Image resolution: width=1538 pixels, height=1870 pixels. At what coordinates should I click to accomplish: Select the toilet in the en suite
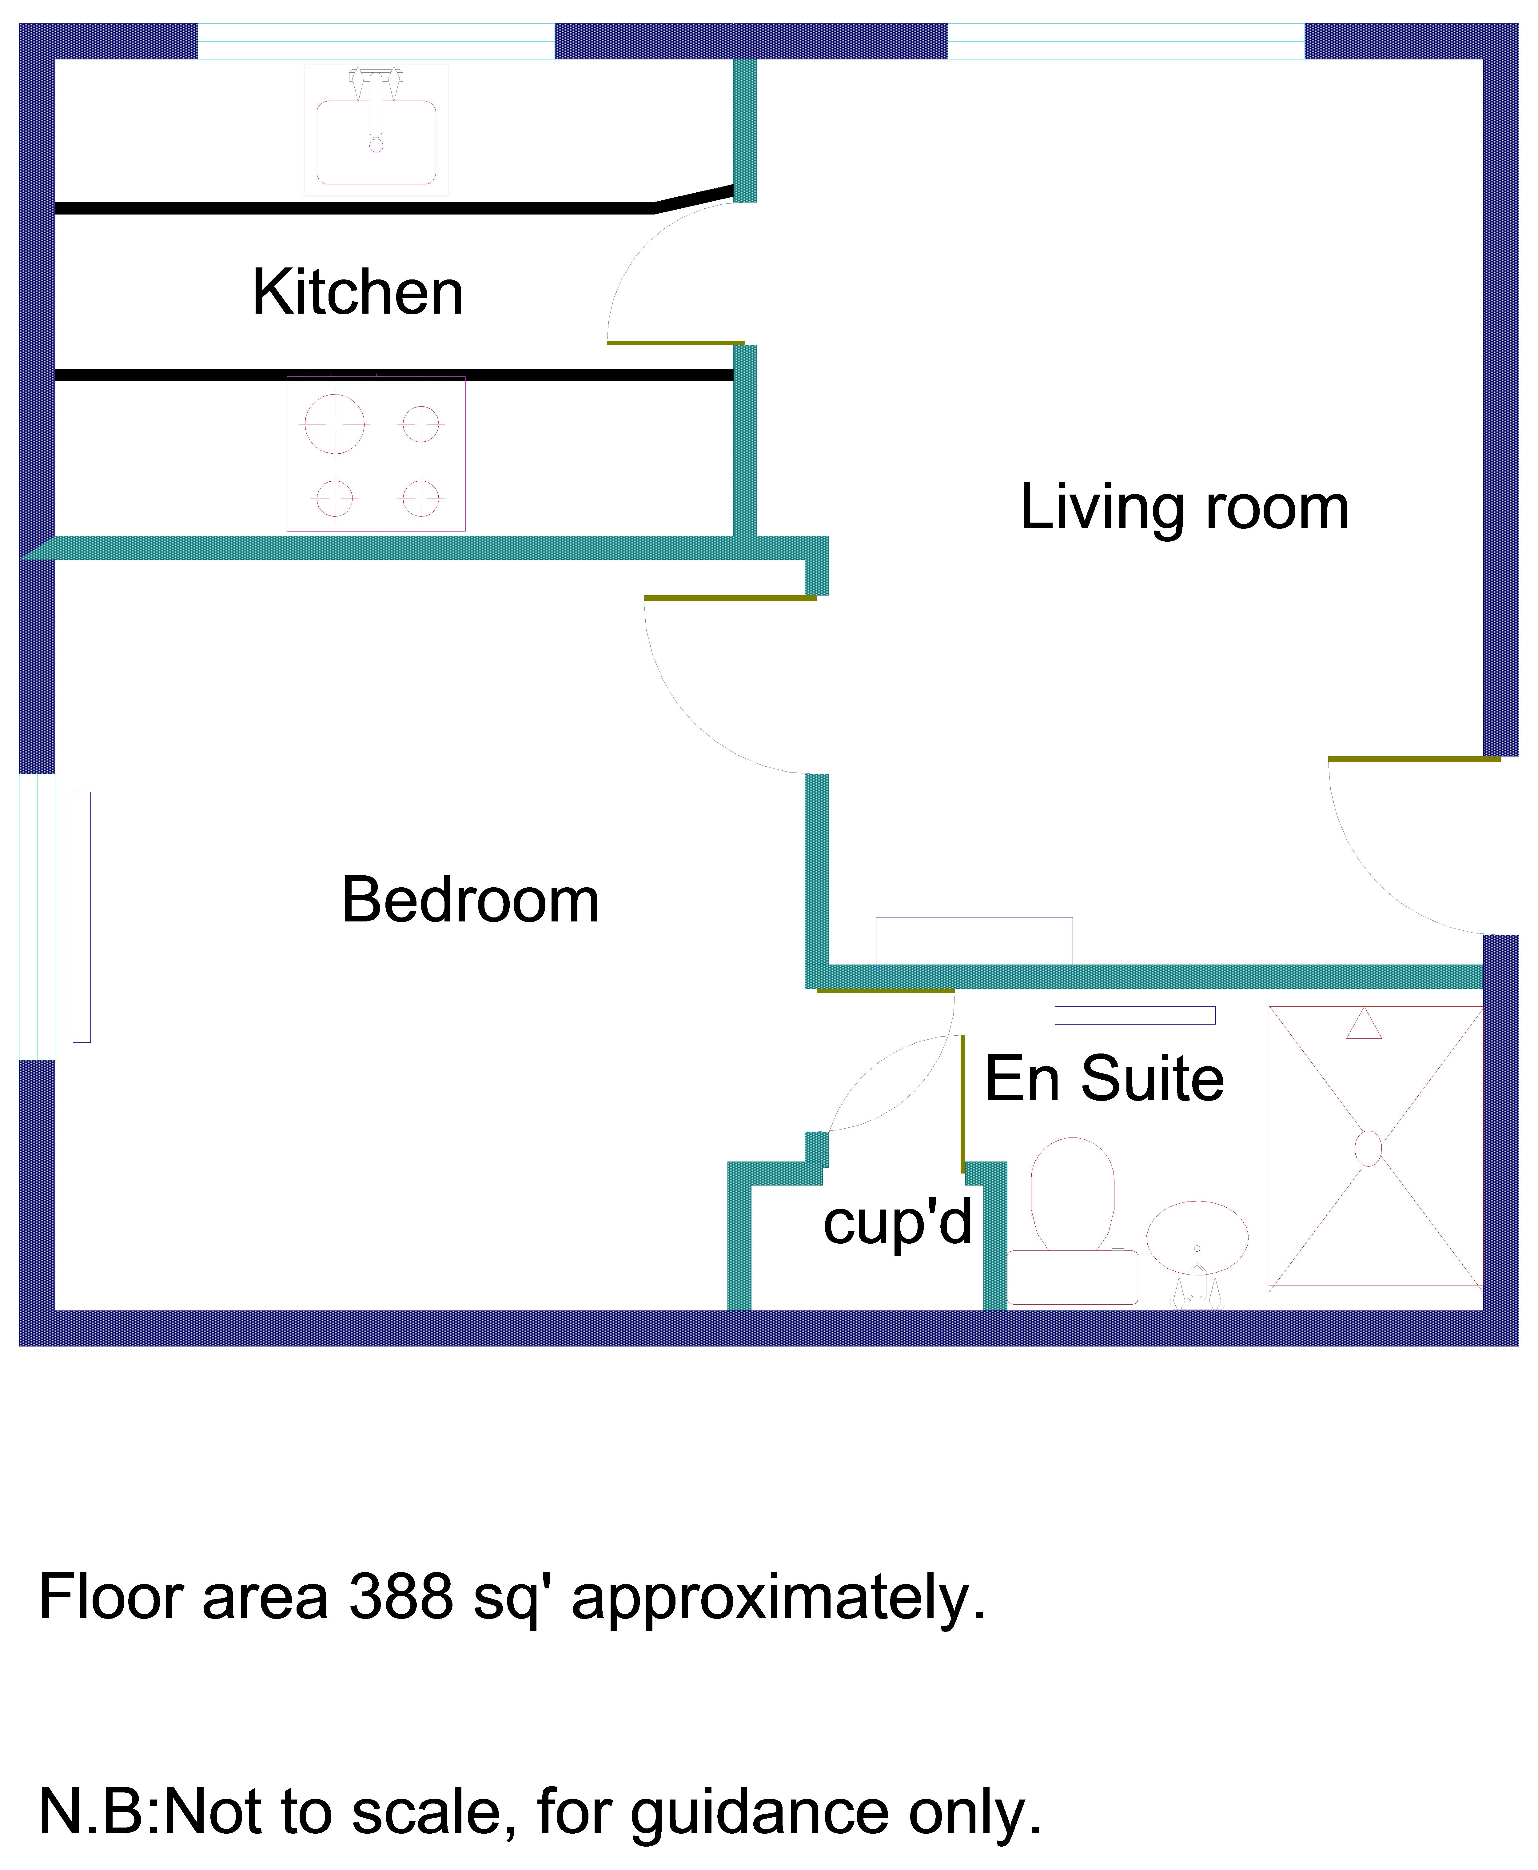tap(1072, 1218)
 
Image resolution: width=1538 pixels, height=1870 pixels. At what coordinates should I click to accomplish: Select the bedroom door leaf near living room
tap(729, 598)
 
